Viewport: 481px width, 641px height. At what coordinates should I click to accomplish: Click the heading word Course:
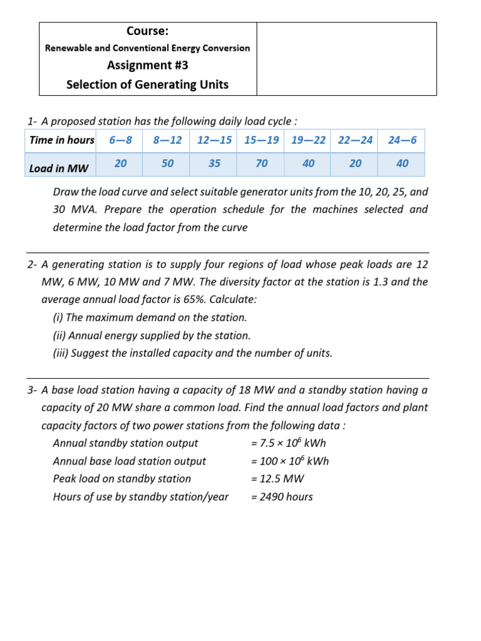click(x=147, y=31)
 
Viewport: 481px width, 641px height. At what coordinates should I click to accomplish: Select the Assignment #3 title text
click(x=147, y=65)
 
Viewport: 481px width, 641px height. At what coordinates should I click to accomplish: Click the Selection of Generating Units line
click(x=147, y=84)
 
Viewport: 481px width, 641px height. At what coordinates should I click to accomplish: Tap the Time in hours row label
click(x=61, y=140)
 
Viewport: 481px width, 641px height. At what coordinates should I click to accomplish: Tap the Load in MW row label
click(x=59, y=168)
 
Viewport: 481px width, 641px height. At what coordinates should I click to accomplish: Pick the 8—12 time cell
click(x=167, y=140)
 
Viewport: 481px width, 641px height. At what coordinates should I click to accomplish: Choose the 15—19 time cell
click(x=261, y=140)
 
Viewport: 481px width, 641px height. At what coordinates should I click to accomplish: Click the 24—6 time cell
click(x=402, y=140)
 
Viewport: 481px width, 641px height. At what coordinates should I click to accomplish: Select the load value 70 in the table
click(x=262, y=163)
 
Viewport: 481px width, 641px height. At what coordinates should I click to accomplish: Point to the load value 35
click(x=214, y=163)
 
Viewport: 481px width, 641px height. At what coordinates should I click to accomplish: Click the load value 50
click(x=168, y=163)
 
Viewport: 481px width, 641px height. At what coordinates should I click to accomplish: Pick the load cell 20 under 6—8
click(x=121, y=163)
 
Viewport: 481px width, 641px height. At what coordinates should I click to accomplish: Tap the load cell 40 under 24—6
click(x=402, y=163)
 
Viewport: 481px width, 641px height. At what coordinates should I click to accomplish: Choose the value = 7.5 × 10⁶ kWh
click(x=288, y=443)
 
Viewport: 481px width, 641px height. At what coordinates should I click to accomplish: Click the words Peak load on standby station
click(x=122, y=479)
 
